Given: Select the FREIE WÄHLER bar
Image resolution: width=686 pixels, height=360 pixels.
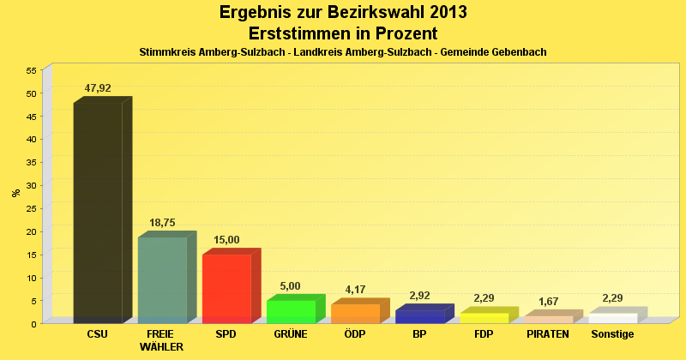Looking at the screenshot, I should pyautogui.click(x=162, y=280).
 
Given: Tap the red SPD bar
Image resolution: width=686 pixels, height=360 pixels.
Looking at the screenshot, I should pyautogui.click(x=226, y=289).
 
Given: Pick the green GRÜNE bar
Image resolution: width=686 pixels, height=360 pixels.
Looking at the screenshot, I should pyautogui.click(x=291, y=312).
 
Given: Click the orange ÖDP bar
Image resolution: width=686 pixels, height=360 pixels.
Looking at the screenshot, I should pyautogui.click(x=355, y=314).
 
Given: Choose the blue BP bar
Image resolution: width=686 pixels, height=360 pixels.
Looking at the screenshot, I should pyautogui.click(x=419, y=316).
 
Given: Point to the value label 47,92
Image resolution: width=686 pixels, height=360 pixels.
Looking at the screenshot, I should pyautogui.click(x=98, y=88).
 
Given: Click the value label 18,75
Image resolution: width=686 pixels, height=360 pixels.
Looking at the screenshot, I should pyautogui.click(x=162, y=223).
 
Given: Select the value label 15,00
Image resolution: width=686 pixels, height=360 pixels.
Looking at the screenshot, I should pyautogui.click(x=226, y=240).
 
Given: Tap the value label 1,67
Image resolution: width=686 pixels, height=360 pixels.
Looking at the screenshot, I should pyautogui.click(x=548, y=302).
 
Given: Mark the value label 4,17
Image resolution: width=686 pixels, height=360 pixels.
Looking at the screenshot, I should pyautogui.click(x=355, y=290).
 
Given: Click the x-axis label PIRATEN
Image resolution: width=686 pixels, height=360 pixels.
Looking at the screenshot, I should pyautogui.click(x=548, y=333).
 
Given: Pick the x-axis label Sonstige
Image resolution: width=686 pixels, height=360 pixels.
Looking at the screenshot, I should pyautogui.click(x=612, y=333).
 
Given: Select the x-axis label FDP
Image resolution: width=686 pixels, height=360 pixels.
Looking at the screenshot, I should pyautogui.click(x=483, y=333).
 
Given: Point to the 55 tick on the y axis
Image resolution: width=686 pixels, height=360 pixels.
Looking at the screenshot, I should pyautogui.click(x=31, y=70).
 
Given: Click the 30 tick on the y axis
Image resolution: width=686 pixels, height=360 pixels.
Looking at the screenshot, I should pyautogui.click(x=31, y=185).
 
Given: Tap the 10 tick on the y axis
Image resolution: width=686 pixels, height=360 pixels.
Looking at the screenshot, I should pyautogui.click(x=31, y=278).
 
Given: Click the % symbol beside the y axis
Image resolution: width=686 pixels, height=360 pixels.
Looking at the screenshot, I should pyautogui.click(x=15, y=193).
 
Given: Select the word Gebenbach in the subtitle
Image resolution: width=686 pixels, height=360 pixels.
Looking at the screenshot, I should pyautogui.click(x=514, y=52).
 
